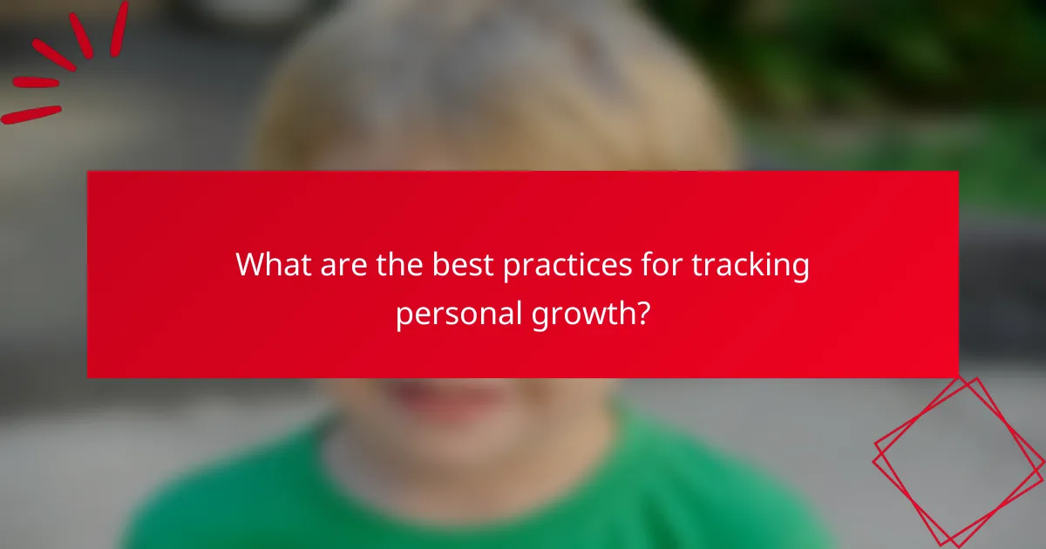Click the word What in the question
tap(272, 265)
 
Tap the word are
tap(343, 265)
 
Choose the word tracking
tap(752, 265)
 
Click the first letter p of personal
tap(404, 315)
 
